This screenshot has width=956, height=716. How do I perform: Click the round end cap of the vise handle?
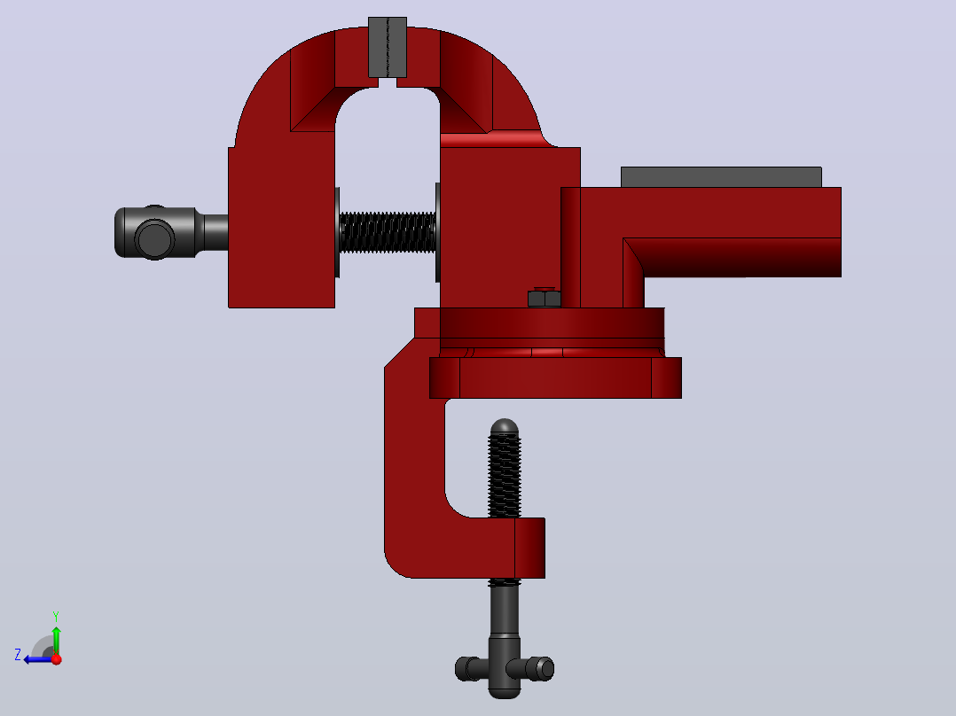click(x=154, y=239)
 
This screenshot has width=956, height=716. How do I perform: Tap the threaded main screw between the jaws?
click(x=388, y=232)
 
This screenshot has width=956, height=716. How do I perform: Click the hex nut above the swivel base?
click(x=544, y=298)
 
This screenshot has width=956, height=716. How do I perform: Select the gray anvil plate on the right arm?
click(x=721, y=176)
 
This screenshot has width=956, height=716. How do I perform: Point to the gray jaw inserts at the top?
click(x=388, y=48)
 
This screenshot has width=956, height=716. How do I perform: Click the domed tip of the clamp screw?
click(x=505, y=426)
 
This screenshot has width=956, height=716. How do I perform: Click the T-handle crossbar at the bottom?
click(x=505, y=668)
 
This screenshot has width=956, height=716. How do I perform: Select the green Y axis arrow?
click(x=56, y=640)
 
